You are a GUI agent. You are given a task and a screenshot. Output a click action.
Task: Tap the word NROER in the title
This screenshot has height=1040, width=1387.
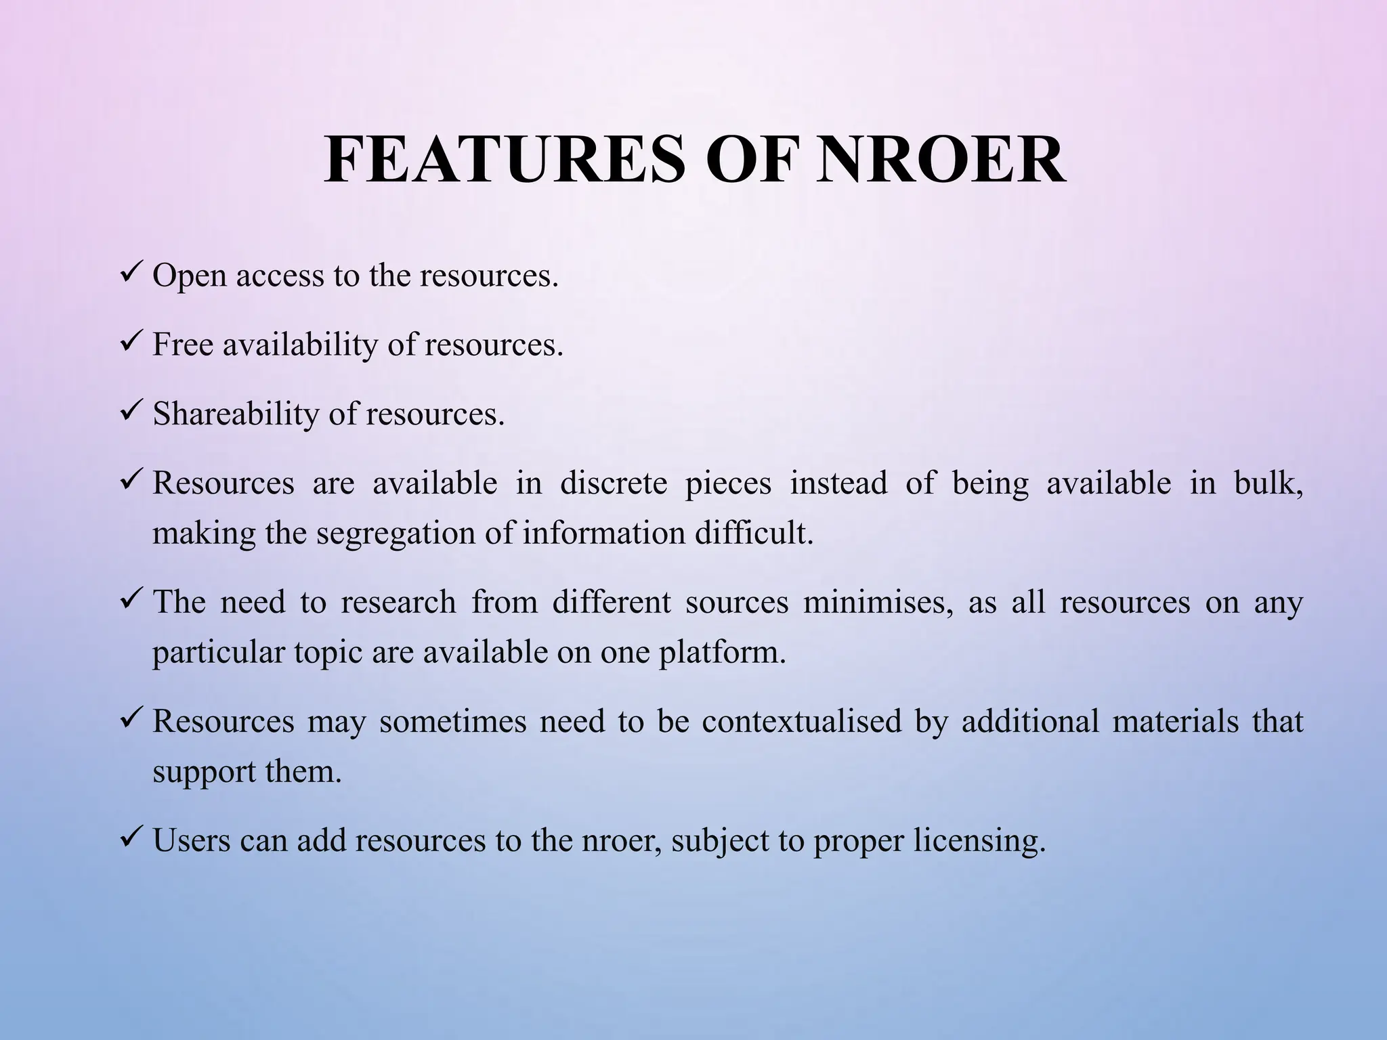tap(941, 160)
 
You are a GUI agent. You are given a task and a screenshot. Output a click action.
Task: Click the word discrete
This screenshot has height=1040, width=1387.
tap(614, 483)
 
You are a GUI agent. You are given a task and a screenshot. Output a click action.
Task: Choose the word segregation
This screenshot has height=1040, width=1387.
tap(396, 534)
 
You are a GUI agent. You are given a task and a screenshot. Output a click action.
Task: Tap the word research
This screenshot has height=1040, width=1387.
tap(398, 603)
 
